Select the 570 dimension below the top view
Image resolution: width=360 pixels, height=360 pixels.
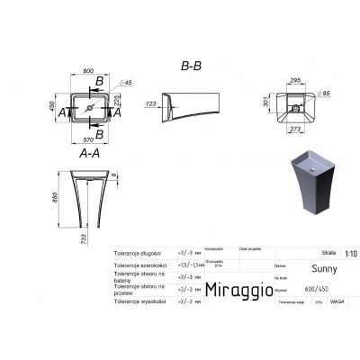tap(87, 140)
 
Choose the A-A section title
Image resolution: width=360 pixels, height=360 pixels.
tap(88, 154)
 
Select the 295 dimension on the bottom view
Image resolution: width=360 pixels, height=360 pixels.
tap(293, 79)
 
